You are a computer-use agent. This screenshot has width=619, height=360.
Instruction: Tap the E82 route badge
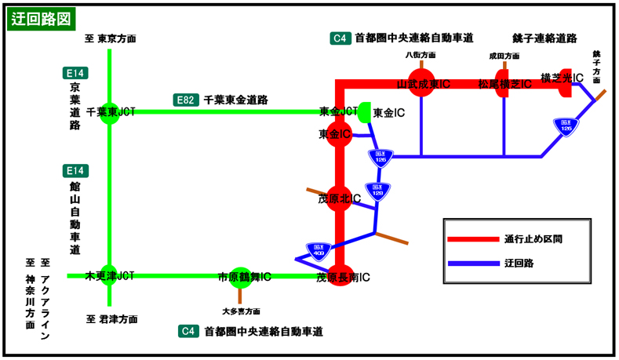pyautogui.click(x=185, y=100)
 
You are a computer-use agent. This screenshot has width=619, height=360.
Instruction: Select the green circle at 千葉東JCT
pyautogui.click(x=110, y=112)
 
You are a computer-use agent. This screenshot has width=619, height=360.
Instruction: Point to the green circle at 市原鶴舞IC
pyautogui.click(x=239, y=276)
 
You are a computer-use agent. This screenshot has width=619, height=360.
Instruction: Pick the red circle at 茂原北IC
pyautogui.click(x=339, y=199)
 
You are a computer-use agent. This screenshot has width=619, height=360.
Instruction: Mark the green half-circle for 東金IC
pyautogui.click(x=365, y=113)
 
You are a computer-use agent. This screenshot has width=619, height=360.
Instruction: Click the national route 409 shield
pyautogui.click(x=318, y=249)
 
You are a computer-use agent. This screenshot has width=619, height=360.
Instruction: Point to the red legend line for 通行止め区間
pyautogui.click(x=472, y=239)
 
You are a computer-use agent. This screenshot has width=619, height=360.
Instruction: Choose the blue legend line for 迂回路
pyautogui.click(x=472, y=264)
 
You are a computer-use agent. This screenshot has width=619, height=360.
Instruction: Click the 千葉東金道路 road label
pyautogui.click(x=236, y=100)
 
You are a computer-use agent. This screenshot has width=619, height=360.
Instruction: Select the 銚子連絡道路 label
pyautogui.click(x=544, y=38)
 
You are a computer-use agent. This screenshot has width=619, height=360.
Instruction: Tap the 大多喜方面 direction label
pyautogui.click(x=241, y=311)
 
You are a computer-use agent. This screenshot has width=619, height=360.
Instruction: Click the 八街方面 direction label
pyautogui.click(x=421, y=55)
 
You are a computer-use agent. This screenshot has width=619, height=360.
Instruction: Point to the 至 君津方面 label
pyautogui.click(x=111, y=319)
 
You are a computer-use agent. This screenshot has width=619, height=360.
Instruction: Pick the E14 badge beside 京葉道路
pyautogui.click(x=75, y=73)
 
